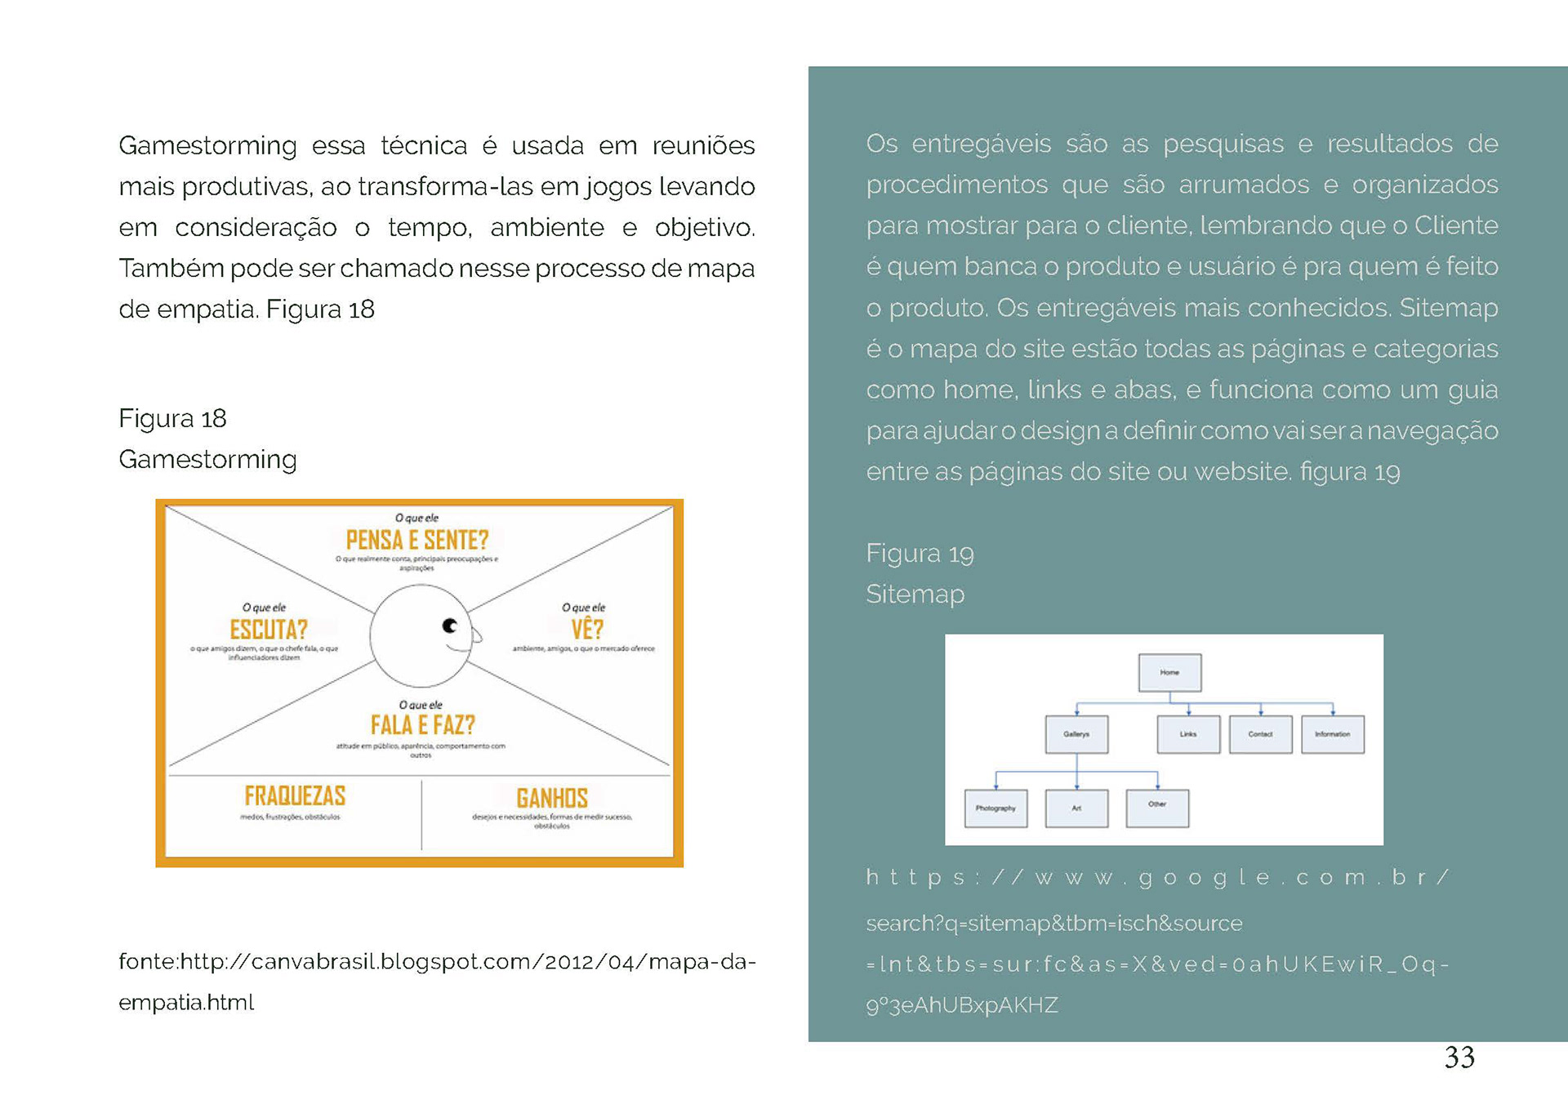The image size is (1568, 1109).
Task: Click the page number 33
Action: (x=1459, y=1058)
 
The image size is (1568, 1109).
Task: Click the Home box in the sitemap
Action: (x=1169, y=673)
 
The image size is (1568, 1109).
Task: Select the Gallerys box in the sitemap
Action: (x=1076, y=734)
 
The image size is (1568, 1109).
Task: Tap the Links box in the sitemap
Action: (x=1188, y=734)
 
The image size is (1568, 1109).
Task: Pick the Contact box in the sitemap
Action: (x=1260, y=734)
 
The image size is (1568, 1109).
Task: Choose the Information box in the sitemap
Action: (x=1332, y=734)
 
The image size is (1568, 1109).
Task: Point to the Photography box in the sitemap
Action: (x=996, y=808)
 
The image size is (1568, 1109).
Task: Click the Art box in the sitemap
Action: (x=1076, y=808)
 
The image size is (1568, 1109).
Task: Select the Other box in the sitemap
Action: (x=1157, y=808)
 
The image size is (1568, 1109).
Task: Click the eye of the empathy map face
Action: (x=450, y=626)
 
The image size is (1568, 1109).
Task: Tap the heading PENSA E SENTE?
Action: (x=416, y=540)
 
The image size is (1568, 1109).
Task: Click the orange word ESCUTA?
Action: (x=269, y=630)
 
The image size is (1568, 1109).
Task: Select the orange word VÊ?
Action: (x=586, y=630)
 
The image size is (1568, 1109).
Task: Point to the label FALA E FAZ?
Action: (x=422, y=725)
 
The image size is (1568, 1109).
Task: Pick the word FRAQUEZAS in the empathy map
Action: (x=295, y=795)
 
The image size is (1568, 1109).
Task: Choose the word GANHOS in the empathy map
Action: (x=552, y=798)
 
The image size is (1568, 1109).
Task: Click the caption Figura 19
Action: (x=920, y=554)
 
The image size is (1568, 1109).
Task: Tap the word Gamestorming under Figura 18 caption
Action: (x=207, y=460)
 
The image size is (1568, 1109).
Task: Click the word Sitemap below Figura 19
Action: (x=915, y=595)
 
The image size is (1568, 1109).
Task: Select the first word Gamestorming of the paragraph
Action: (x=207, y=146)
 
